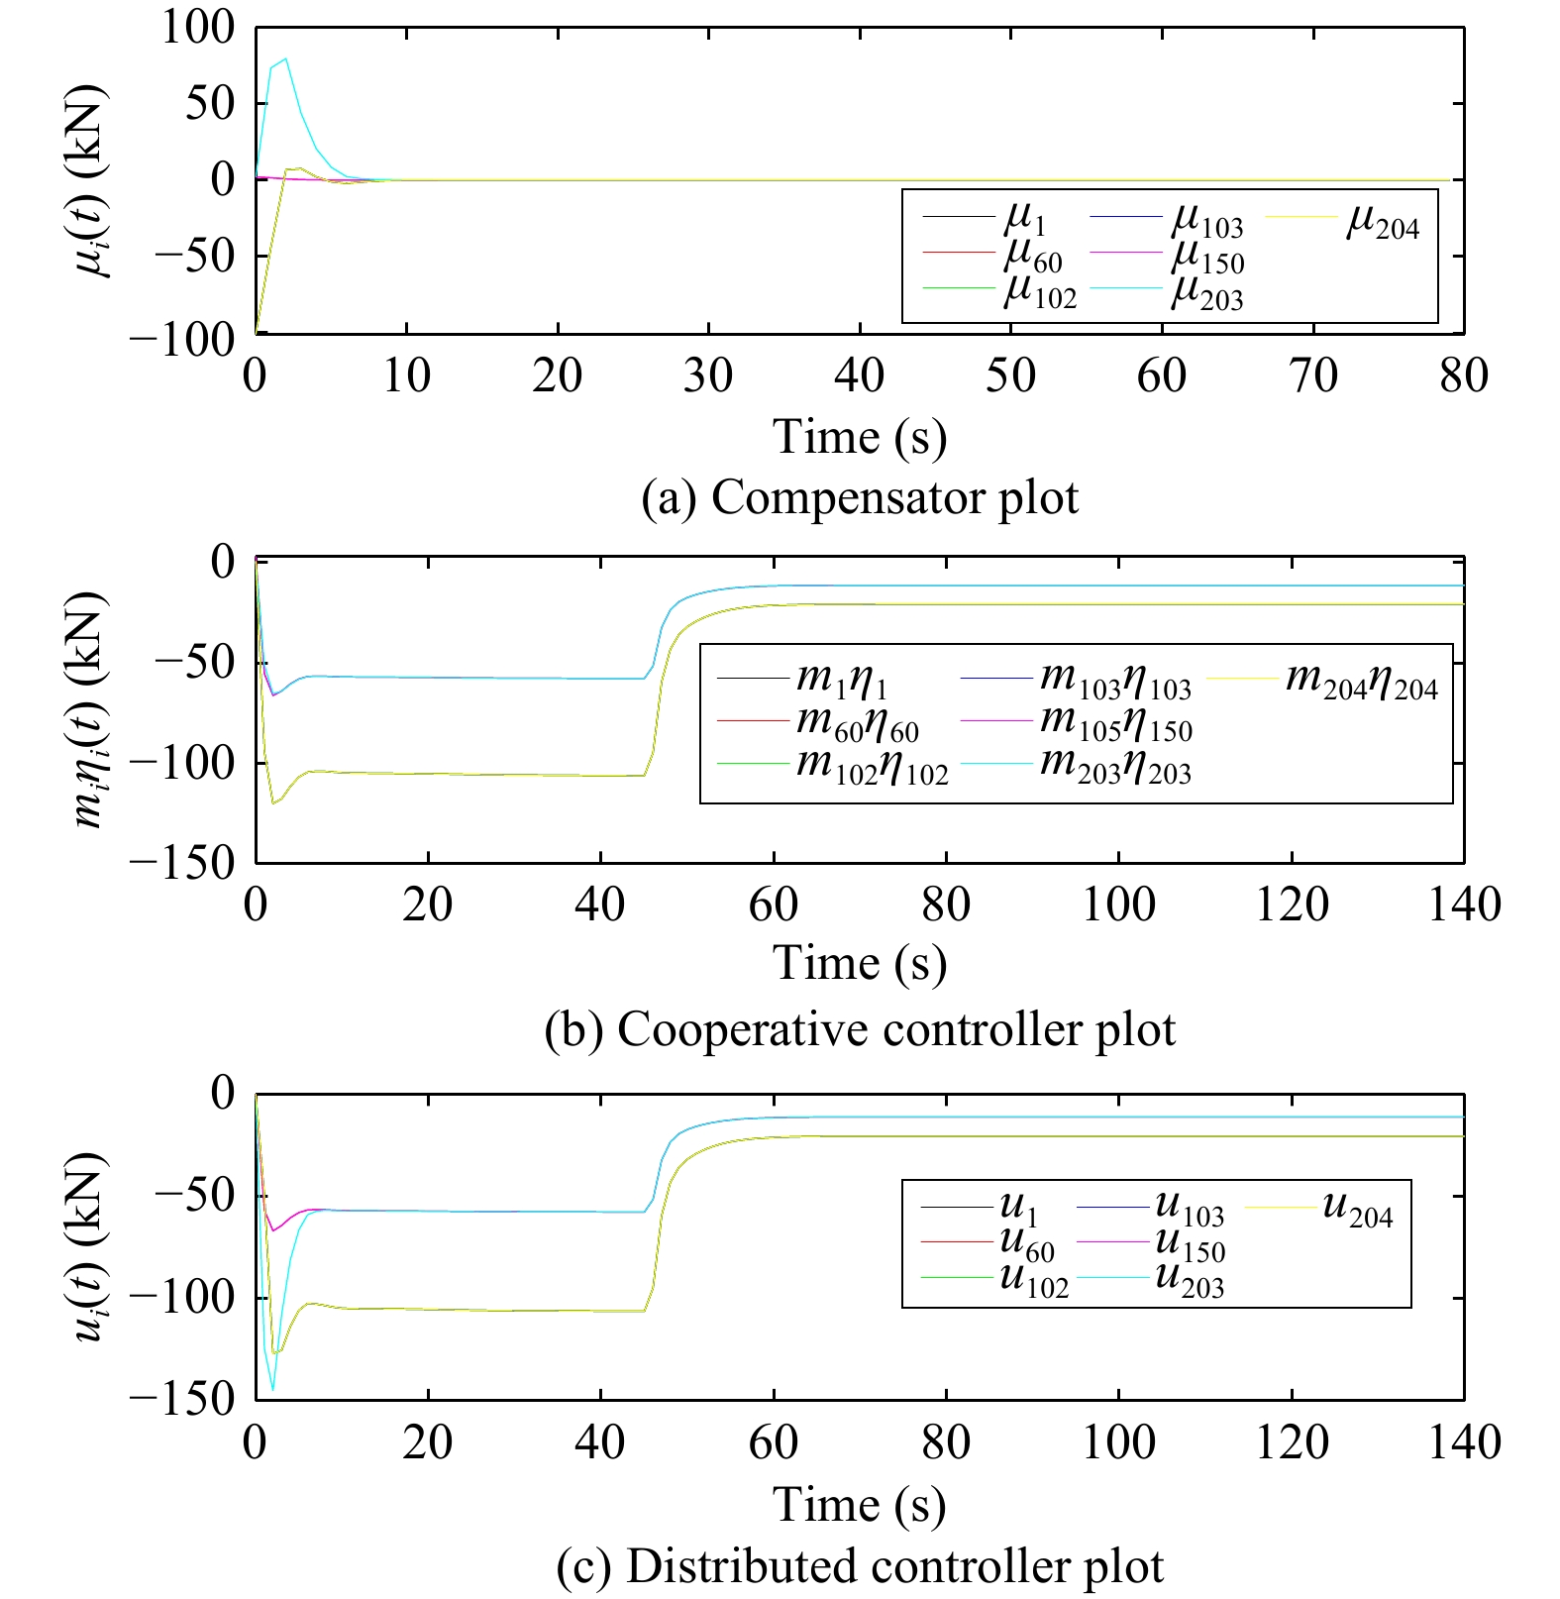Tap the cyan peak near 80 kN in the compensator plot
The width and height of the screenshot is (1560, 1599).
(285, 59)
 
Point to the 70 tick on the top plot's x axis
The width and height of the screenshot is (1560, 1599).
(1312, 376)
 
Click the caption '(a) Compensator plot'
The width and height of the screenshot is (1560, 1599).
(859, 497)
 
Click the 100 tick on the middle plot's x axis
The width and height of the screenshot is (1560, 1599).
(1118, 905)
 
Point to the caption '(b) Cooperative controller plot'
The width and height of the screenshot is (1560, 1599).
(859, 1030)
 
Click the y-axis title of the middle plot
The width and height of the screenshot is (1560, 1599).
(89, 710)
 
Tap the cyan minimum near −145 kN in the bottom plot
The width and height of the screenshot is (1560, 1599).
(272, 1389)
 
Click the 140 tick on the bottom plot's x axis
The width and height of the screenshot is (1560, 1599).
(1463, 1442)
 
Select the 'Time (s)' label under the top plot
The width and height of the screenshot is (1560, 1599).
(859, 437)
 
